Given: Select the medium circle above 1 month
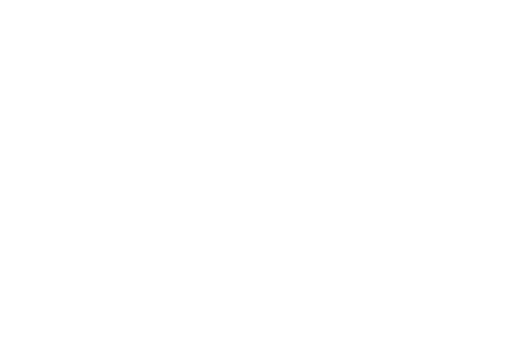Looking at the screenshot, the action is click(x=158, y=239).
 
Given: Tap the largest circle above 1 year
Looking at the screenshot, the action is click(x=335, y=239).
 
